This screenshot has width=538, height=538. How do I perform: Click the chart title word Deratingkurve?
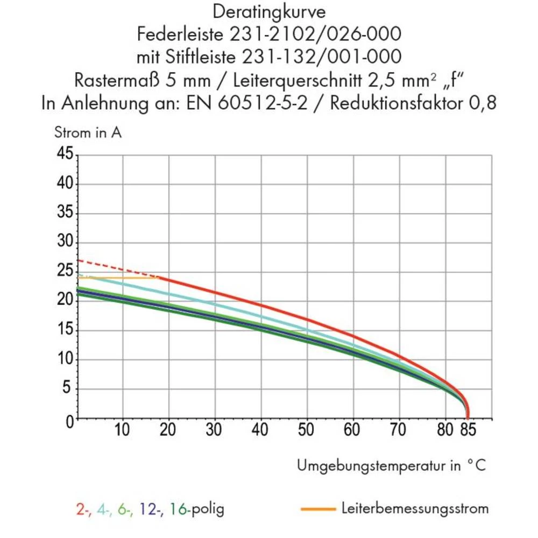point(268,12)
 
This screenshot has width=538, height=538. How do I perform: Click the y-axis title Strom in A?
point(88,133)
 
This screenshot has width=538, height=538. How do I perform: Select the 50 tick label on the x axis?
point(307,431)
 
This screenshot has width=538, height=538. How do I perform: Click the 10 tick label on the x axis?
point(123,431)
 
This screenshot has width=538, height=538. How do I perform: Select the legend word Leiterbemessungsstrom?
point(415,508)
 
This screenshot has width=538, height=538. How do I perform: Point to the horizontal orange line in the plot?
point(118,278)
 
